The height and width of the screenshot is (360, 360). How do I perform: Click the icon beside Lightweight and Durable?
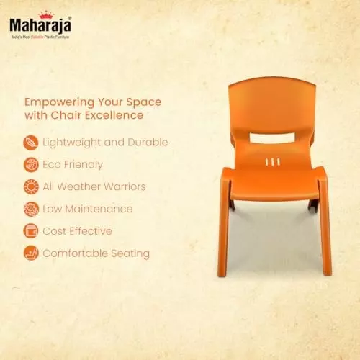[x=31, y=142]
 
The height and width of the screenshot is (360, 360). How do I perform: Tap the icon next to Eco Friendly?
[x=31, y=164]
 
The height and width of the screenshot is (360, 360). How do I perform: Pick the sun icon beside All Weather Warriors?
[x=31, y=186]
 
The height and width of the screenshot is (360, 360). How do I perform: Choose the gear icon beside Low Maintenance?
[x=31, y=209]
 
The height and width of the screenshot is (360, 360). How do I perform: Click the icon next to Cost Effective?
[x=31, y=231]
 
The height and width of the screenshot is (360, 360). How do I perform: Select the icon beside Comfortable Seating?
[x=31, y=253]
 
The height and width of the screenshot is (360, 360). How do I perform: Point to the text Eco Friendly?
[x=73, y=164]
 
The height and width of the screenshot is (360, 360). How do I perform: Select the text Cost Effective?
[x=78, y=231]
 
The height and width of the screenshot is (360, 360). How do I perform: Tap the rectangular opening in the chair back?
[x=274, y=135]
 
